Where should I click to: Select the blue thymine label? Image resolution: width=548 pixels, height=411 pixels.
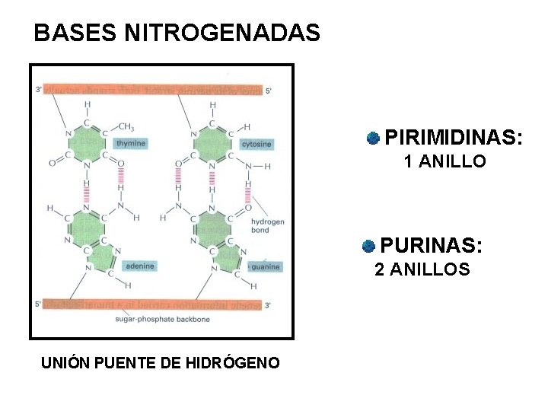click(x=130, y=143)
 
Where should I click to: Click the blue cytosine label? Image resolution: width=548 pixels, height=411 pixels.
click(x=256, y=144)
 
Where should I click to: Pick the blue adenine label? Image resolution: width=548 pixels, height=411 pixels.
click(x=140, y=266)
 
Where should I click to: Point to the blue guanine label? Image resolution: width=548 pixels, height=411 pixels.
click(x=266, y=266)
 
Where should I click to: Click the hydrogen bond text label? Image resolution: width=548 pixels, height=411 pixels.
click(x=268, y=225)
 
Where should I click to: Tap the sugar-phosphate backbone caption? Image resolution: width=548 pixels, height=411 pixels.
click(x=162, y=320)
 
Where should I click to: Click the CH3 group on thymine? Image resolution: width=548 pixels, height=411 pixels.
click(x=126, y=127)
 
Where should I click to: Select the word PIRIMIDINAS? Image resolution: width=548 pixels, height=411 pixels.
click(x=454, y=138)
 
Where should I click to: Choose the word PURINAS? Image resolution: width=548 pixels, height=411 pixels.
click(x=431, y=246)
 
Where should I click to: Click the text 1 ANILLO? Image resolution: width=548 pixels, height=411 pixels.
click(x=444, y=161)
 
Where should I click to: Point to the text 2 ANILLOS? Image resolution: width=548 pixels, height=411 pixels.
click(x=422, y=269)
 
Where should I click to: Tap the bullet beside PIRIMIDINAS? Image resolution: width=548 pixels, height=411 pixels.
click(x=373, y=138)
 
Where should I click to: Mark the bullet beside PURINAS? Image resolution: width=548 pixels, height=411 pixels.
click(x=368, y=246)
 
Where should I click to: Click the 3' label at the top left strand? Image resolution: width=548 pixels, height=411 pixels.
click(x=39, y=90)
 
